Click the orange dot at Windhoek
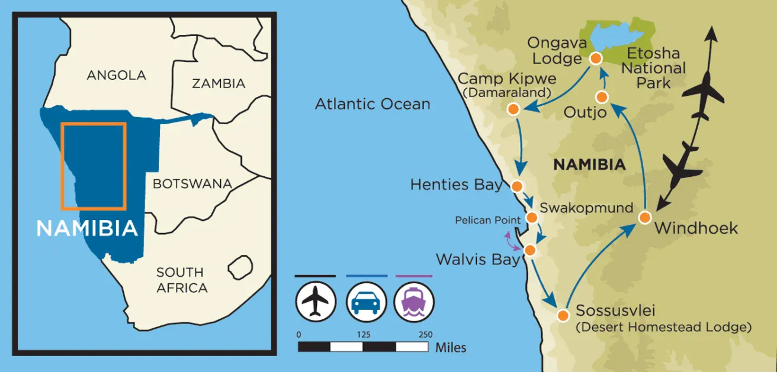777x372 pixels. [645, 217]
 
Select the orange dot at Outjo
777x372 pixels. [602, 97]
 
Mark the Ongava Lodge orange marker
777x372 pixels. [596, 58]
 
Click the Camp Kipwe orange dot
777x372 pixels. [513, 109]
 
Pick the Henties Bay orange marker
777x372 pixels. [516, 186]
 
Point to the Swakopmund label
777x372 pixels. [586, 208]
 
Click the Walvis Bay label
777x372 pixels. [478, 259]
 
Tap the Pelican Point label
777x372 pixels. [487, 221]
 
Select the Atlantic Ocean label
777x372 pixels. [373, 104]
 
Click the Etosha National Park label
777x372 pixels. [653, 68]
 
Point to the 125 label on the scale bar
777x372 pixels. [363, 335]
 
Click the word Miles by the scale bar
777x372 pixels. [450, 347]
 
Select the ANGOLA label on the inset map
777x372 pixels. [116, 75]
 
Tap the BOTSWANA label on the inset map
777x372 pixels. [192, 183]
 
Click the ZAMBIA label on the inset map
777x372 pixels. [219, 83]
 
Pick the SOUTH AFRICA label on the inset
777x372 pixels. [182, 280]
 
